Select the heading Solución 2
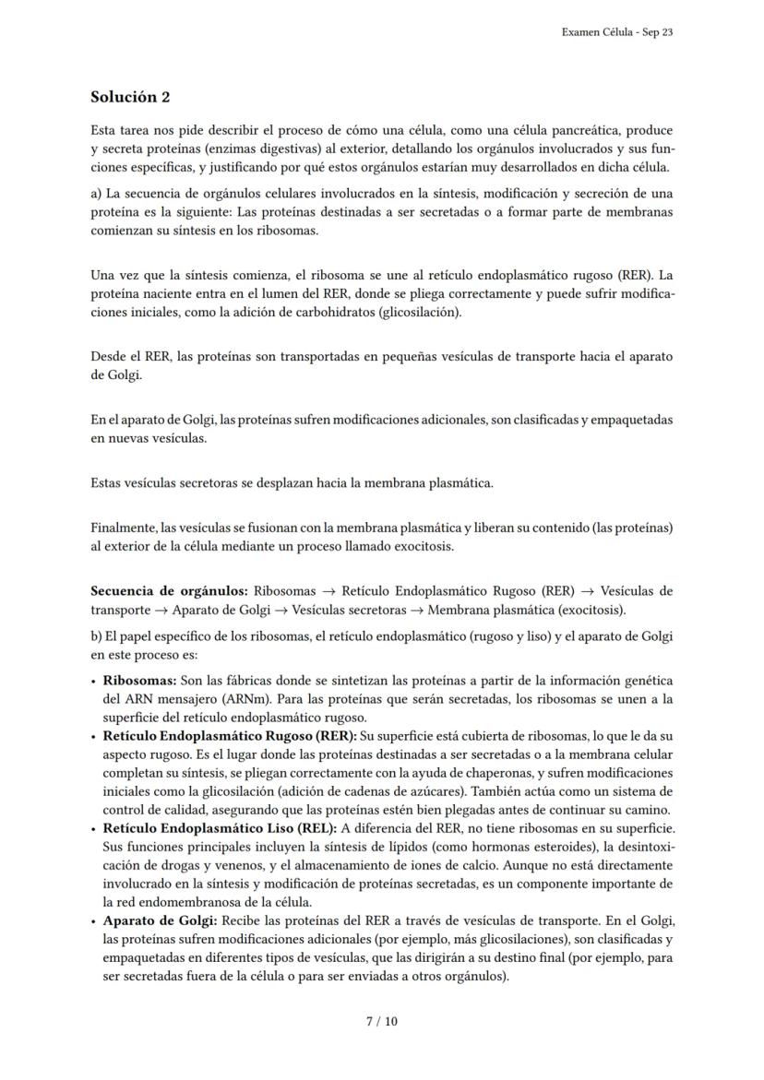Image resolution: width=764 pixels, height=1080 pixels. [x=130, y=97]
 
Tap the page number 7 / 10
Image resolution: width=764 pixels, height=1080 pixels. [x=382, y=1022]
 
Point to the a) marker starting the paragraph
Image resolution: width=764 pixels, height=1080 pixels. [x=97, y=194]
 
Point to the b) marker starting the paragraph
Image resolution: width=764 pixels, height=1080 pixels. [x=97, y=636]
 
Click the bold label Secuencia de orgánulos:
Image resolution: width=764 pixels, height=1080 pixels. [x=169, y=591]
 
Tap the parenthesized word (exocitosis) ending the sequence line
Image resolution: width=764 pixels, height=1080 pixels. [x=590, y=610]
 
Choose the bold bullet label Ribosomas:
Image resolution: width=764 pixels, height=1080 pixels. [x=139, y=681]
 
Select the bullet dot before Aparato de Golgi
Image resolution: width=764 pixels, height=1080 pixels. [x=95, y=921]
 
